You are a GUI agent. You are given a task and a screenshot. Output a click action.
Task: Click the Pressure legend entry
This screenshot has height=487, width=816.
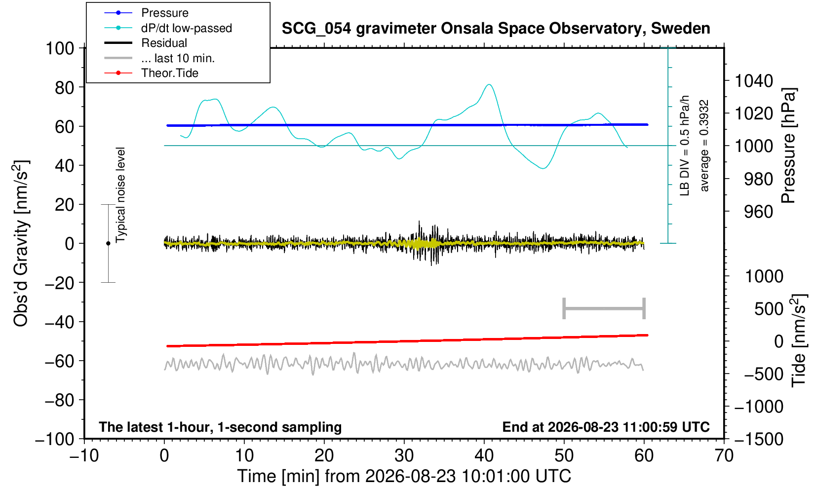[x=147, y=13]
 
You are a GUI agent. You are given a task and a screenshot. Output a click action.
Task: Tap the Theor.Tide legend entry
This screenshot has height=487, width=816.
[x=152, y=73]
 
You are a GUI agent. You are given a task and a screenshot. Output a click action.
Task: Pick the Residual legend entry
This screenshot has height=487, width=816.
[x=146, y=43]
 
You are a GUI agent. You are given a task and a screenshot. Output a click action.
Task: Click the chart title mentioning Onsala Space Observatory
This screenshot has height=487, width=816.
[x=496, y=29]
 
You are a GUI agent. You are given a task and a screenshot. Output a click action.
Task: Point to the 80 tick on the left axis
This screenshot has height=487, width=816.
[x=65, y=87]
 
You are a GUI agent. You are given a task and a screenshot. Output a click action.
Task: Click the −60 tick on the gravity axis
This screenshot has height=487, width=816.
[x=59, y=361]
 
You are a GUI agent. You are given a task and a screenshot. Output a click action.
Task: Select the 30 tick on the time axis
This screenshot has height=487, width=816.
[x=404, y=455]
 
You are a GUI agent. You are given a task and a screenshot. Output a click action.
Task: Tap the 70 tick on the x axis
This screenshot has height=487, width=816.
[x=724, y=455]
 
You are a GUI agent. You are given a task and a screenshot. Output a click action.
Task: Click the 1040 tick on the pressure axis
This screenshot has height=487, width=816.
[x=754, y=80]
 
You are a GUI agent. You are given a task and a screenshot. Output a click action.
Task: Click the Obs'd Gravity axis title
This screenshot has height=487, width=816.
[x=21, y=244]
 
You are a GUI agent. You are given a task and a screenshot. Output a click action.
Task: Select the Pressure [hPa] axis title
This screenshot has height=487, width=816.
[x=788, y=146]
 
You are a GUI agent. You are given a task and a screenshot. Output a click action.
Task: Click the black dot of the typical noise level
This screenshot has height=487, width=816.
[x=108, y=243]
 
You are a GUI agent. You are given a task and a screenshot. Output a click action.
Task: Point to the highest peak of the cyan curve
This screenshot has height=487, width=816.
[x=489, y=84]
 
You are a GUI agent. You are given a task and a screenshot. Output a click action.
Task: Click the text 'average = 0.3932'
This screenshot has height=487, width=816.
[x=704, y=146]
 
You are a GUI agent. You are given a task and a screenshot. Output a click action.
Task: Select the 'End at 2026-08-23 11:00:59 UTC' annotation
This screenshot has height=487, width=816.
[x=606, y=427]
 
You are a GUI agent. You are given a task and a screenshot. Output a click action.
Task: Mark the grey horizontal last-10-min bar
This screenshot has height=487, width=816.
[x=604, y=308]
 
